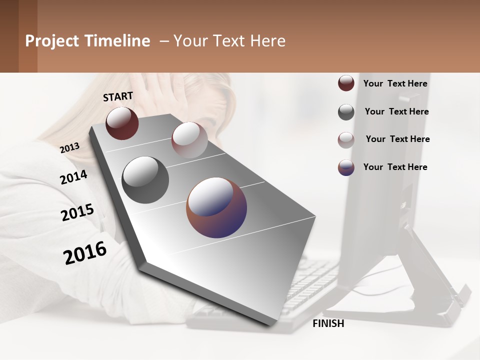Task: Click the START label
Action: click(x=118, y=96)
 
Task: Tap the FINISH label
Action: click(x=328, y=323)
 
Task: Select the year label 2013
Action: click(x=69, y=148)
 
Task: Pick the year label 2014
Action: click(x=73, y=177)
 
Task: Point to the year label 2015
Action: click(x=77, y=212)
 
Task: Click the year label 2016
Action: click(x=85, y=253)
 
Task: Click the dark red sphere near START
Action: click(x=122, y=123)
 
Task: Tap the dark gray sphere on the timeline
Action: click(x=145, y=180)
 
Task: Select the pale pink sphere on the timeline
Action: click(x=189, y=140)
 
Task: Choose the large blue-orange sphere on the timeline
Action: click(x=216, y=207)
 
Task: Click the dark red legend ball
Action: click(x=346, y=83)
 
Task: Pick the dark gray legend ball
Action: click(x=346, y=112)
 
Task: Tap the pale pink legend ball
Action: click(x=346, y=140)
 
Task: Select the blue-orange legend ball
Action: click(x=346, y=167)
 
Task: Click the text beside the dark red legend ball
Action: click(x=395, y=83)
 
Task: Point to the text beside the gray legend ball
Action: click(x=396, y=111)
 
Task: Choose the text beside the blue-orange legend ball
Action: click(x=395, y=167)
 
